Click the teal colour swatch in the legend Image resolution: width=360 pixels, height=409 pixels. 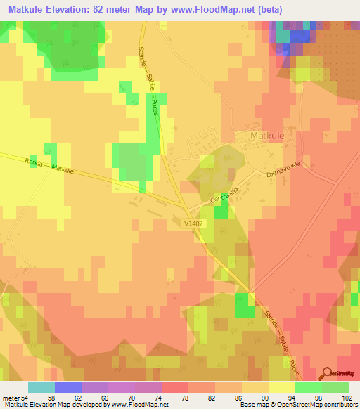click(41, 387)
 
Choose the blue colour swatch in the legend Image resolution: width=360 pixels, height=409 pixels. click(68, 387)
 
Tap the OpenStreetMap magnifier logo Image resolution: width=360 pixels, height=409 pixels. click(327, 374)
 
